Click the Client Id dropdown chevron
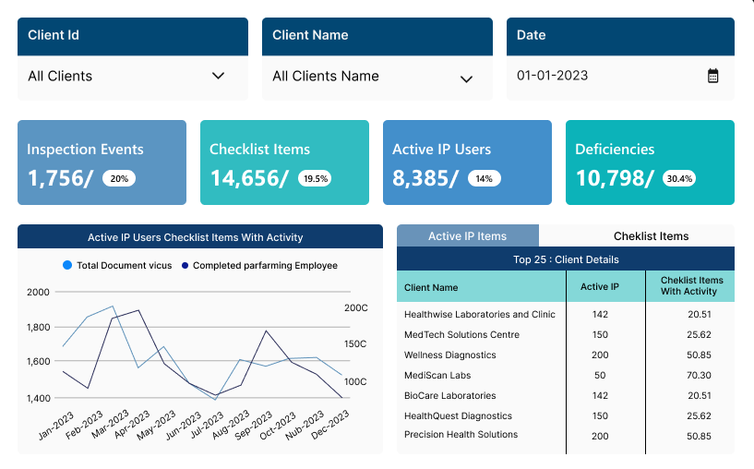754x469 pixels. [218, 76]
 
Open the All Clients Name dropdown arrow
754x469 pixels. [466, 78]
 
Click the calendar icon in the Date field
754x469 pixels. [712, 76]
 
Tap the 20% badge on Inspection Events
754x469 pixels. [118, 179]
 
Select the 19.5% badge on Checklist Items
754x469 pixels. [315, 179]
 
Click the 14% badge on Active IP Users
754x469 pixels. [485, 179]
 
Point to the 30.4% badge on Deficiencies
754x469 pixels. [679, 179]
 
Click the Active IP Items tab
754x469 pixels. [467, 236]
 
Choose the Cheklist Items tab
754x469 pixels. [651, 236]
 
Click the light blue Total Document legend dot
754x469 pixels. [67, 266]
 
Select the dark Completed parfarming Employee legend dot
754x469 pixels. [185, 266]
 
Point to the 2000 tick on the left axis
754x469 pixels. [39, 292]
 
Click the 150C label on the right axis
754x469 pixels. [355, 343]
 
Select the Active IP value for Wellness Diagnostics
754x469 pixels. [599, 355]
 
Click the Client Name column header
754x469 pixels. [431, 288]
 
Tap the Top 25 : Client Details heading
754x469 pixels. [566, 259]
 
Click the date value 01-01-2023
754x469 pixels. [552, 76]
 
